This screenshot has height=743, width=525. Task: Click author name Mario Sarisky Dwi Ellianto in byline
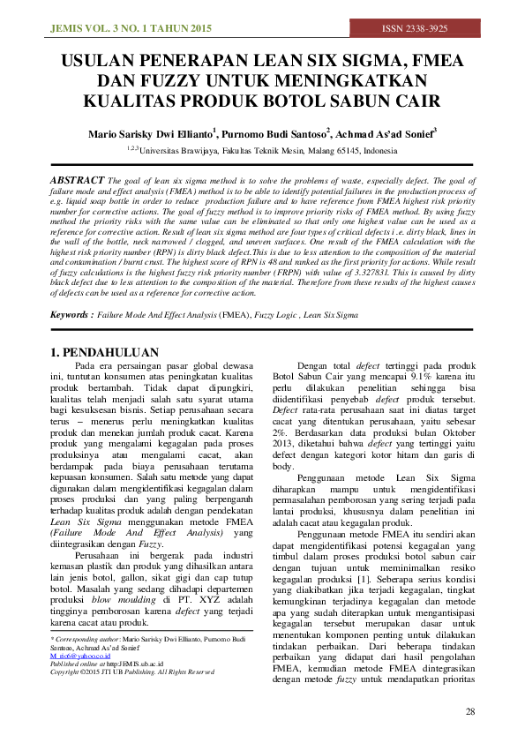coord(149,134)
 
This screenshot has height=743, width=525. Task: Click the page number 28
coord(470,711)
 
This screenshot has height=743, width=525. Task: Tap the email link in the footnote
coord(80,657)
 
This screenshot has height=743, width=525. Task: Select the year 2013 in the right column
coord(288,445)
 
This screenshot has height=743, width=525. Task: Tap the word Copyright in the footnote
coord(68,672)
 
